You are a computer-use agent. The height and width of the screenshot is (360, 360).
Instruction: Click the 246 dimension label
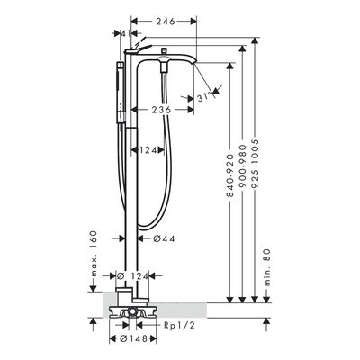[x=165, y=22]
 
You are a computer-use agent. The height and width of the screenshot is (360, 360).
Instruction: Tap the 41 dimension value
[x=125, y=33]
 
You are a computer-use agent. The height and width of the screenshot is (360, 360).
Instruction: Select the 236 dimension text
[x=161, y=110]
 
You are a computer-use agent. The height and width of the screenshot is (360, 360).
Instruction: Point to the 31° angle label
[x=205, y=97]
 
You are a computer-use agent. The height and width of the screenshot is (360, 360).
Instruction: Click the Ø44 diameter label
[x=164, y=238]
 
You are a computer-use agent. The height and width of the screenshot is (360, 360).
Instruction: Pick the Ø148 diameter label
[x=133, y=339]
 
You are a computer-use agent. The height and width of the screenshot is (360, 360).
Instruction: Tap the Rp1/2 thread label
[x=180, y=325]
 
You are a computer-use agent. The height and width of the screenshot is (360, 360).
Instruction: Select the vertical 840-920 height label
[x=229, y=175]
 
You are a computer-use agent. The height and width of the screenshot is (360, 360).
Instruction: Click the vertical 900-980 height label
[x=242, y=166]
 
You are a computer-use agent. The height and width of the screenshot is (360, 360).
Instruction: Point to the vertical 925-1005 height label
[x=255, y=164]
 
